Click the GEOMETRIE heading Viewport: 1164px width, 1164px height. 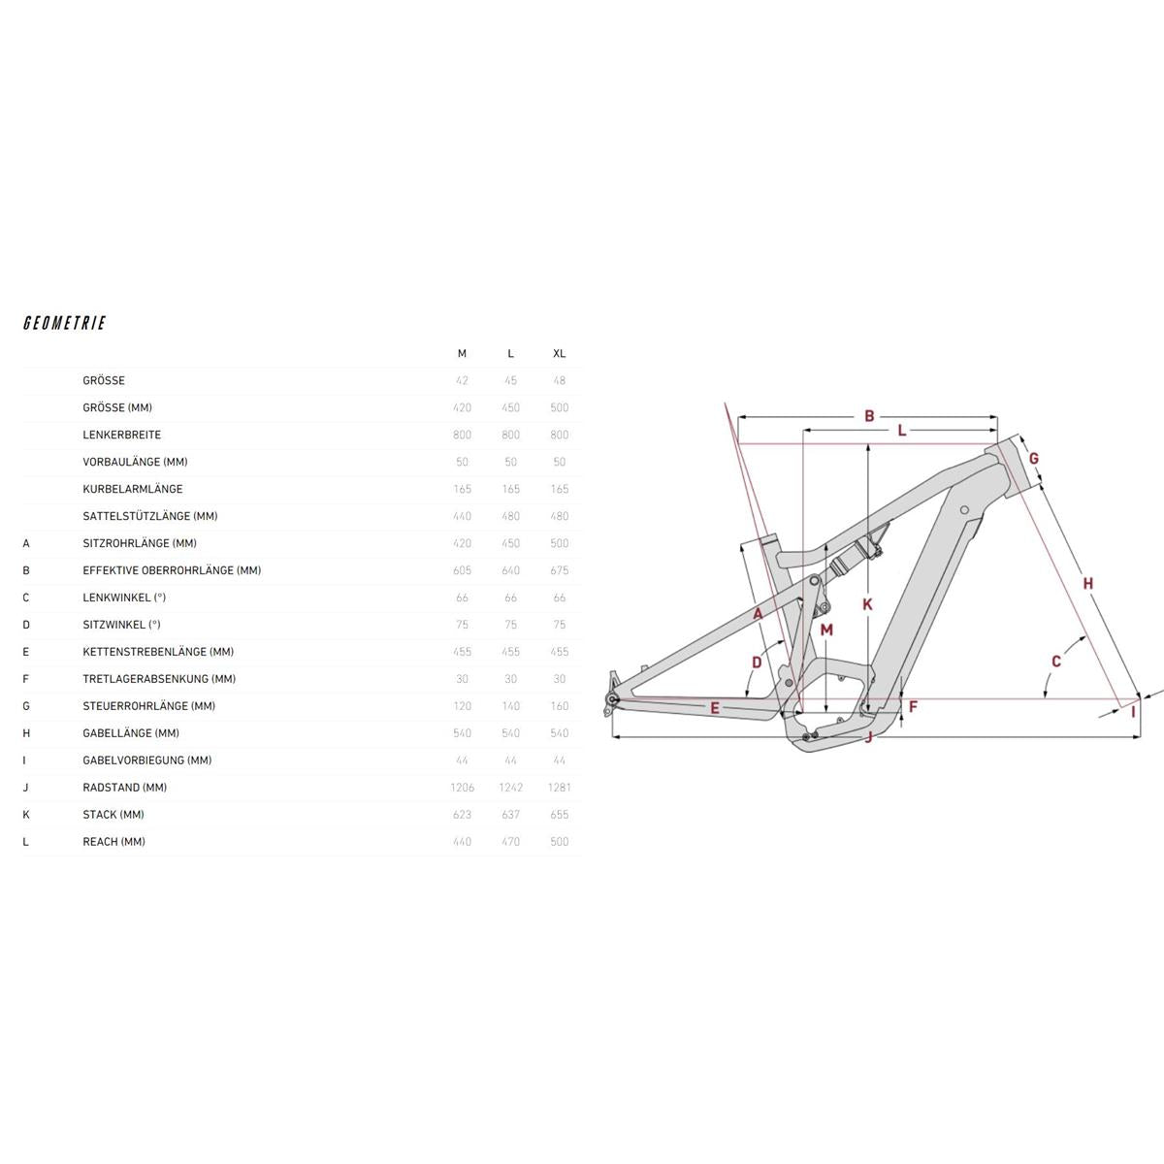[x=65, y=323]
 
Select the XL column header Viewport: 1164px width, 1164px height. [x=560, y=353]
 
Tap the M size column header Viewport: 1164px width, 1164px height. [x=462, y=353]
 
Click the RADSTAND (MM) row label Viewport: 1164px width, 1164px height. [x=125, y=787]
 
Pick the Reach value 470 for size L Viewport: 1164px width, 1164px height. [x=510, y=841]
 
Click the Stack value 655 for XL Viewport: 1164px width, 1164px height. [x=560, y=814]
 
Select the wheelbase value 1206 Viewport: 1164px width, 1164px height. [x=462, y=787]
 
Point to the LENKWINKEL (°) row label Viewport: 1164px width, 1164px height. [x=124, y=598]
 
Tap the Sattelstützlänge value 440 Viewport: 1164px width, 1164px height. [x=462, y=516]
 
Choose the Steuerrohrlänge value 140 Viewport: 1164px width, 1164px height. [x=510, y=705]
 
